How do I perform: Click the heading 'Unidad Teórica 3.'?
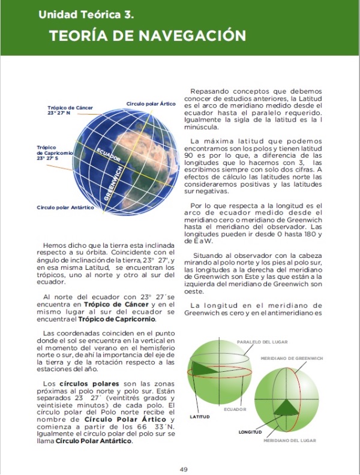(86, 13)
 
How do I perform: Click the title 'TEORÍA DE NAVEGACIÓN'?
(148, 35)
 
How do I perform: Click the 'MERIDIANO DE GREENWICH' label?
(292, 358)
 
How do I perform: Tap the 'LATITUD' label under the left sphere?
(200, 415)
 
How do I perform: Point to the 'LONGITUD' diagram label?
(250, 432)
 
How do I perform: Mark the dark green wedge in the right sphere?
(287, 407)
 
